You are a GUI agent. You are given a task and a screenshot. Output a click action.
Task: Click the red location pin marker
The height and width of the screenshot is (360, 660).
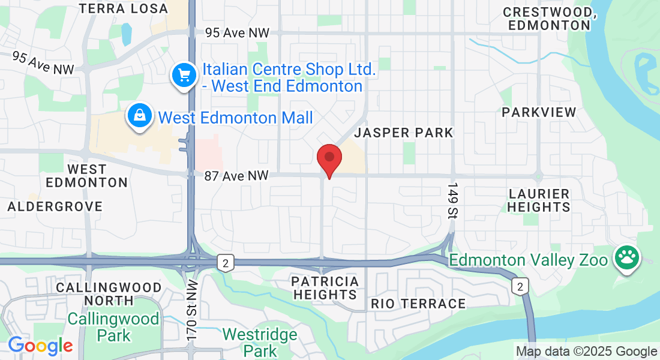(329, 159)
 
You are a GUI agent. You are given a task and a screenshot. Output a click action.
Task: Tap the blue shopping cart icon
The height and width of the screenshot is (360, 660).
(185, 76)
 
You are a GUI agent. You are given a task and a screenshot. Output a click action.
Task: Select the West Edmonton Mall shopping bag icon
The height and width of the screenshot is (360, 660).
(139, 116)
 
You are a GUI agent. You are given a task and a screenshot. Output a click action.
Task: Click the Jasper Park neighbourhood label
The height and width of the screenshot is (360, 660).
(404, 133)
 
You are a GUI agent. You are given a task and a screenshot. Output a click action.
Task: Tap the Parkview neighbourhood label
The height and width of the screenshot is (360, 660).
(539, 112)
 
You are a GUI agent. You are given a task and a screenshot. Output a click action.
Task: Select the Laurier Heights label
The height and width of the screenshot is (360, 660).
(539, 200)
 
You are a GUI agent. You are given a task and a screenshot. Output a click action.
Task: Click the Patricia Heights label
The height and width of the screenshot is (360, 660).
(325, 288)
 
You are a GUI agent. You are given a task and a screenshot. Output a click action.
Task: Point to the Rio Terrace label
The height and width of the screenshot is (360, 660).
(418, 304)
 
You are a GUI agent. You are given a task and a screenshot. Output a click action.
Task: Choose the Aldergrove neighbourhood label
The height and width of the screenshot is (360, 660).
(55, 206)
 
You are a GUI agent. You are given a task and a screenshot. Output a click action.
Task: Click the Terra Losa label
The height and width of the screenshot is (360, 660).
(124, 8)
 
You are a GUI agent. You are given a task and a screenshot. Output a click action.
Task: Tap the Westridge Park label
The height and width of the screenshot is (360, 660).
(260, 342)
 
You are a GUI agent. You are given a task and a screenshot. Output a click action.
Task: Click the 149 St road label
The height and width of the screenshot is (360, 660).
(453, 200)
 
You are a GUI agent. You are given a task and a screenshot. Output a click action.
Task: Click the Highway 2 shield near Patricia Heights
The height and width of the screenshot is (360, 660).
(225, 263)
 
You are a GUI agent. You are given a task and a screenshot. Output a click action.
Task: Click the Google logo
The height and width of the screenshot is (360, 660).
(40, 346)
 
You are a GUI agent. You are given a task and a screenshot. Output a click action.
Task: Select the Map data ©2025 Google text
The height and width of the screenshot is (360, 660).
(586, 352)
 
